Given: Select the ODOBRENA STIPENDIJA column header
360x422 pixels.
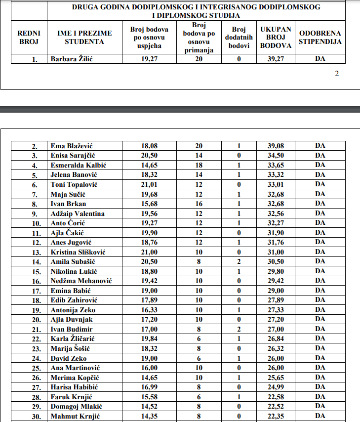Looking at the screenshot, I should (320, 37).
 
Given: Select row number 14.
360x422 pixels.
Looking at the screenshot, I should (35, 262).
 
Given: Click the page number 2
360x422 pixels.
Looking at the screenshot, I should (337, 74).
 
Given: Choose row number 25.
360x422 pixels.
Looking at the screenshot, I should (35, 368).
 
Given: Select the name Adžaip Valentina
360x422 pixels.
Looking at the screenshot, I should (78, 213).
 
